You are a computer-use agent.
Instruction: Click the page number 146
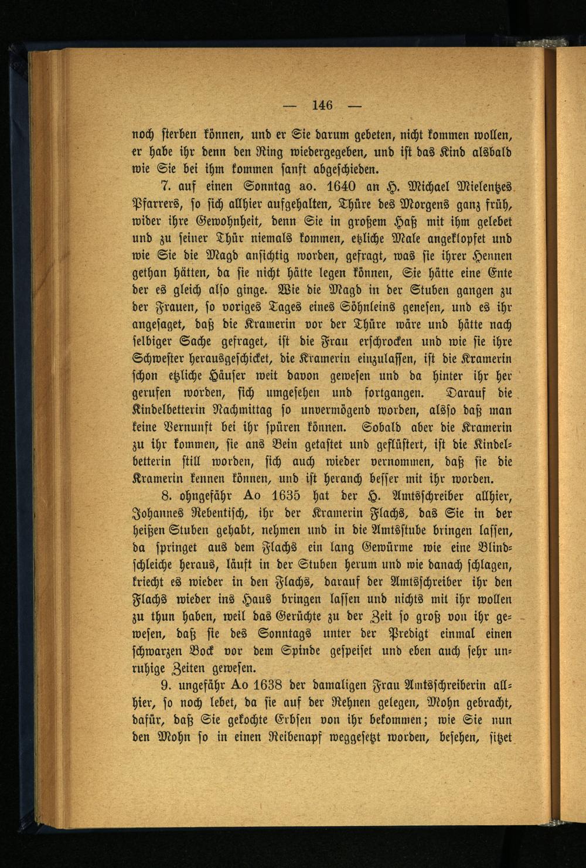323,105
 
